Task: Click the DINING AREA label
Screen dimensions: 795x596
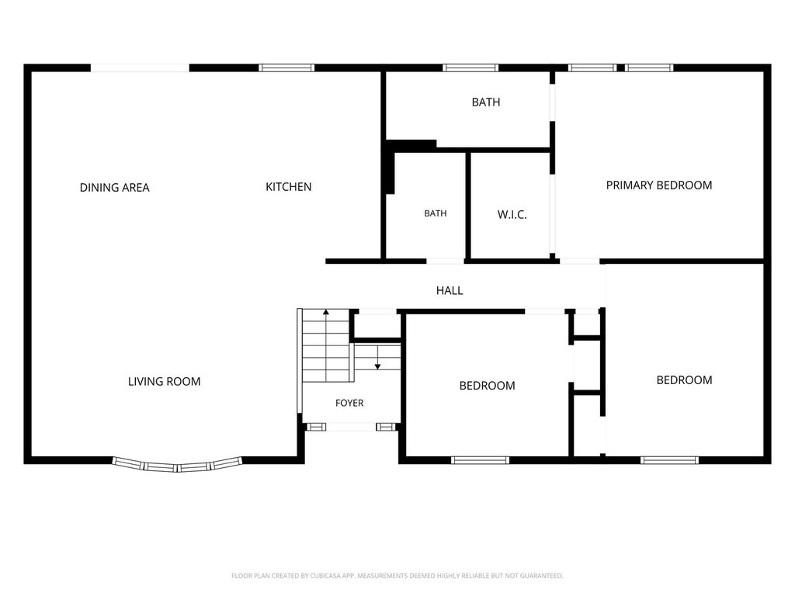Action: pos(115,188)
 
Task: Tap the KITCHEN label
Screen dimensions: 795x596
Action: pos(289,187)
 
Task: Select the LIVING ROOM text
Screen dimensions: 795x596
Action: pos(165,382)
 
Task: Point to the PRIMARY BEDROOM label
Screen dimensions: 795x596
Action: pos(659,185)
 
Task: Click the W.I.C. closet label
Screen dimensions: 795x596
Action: pos(512,215)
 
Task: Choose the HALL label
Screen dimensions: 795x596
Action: pos(450,290)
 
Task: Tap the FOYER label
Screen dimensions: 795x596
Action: pos(349,403)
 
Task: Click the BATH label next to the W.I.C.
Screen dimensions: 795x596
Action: pos(436,213)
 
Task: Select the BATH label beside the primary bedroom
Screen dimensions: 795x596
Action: pos(486,102)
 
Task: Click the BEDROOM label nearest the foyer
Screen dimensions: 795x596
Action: pos(488,386)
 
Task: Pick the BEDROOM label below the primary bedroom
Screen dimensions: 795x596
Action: pos(685,380)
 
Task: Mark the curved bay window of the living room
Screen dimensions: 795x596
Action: pos(178,466)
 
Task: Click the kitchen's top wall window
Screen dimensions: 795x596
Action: pos(286,68)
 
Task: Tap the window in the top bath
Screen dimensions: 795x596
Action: pos(470,68)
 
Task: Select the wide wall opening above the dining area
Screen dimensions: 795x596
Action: pos(140,68)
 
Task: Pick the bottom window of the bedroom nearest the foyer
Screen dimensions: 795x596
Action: pos(480,460)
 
